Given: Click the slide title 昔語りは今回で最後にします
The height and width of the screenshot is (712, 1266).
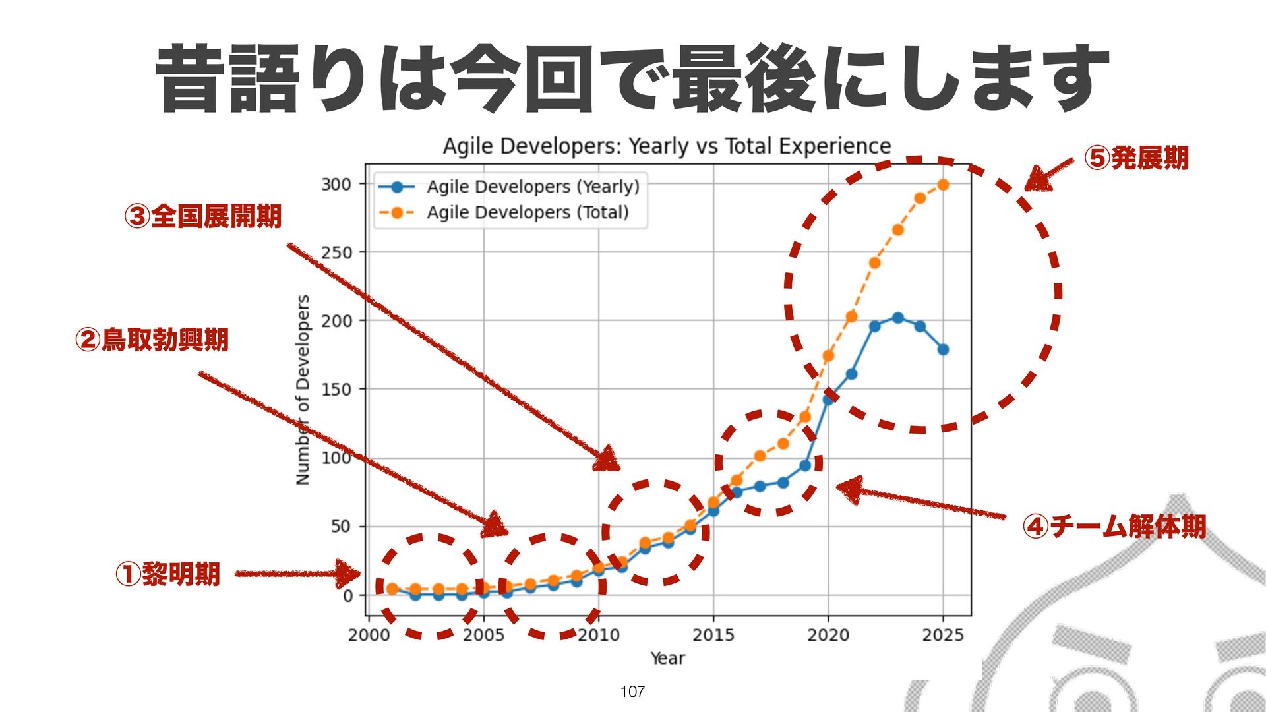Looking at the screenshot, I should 632,78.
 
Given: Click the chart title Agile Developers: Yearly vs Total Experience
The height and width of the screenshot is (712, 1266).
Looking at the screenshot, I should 667,146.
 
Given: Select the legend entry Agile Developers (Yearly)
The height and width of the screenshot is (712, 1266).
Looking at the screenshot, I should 533,187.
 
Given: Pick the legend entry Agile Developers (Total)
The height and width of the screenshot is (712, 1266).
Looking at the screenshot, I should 527,212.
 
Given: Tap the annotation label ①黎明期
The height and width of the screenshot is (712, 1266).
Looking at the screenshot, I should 167,574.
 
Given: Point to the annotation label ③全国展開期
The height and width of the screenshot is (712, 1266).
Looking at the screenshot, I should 203,216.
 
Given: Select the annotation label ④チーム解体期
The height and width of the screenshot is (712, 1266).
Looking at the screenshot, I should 1114,526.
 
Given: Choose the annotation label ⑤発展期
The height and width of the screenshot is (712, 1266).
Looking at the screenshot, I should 1137,158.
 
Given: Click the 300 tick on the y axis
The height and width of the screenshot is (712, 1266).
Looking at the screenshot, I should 336,184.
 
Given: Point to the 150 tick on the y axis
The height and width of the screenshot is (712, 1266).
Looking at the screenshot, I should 336,390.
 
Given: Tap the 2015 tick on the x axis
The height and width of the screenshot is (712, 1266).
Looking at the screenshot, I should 713,635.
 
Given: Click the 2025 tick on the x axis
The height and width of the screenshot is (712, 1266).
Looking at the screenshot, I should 943,635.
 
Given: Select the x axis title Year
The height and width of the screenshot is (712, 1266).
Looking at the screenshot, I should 667,658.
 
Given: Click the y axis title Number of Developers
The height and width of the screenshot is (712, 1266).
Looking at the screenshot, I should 303,390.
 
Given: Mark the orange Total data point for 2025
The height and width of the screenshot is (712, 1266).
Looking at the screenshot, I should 943,185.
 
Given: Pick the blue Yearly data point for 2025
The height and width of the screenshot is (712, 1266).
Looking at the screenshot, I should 943,349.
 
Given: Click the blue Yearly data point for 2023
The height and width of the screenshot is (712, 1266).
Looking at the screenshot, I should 897,318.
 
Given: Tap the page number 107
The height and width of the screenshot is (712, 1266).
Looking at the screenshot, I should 632,692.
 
